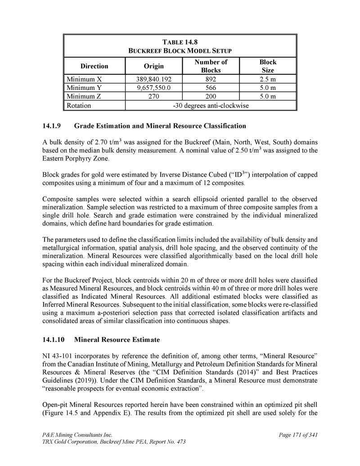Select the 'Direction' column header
pyautogui.click(x=94, y=66)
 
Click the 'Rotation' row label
pyautogui.click(x=79, y=106)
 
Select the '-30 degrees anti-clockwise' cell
pyautogui.click(x=211, y=106)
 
